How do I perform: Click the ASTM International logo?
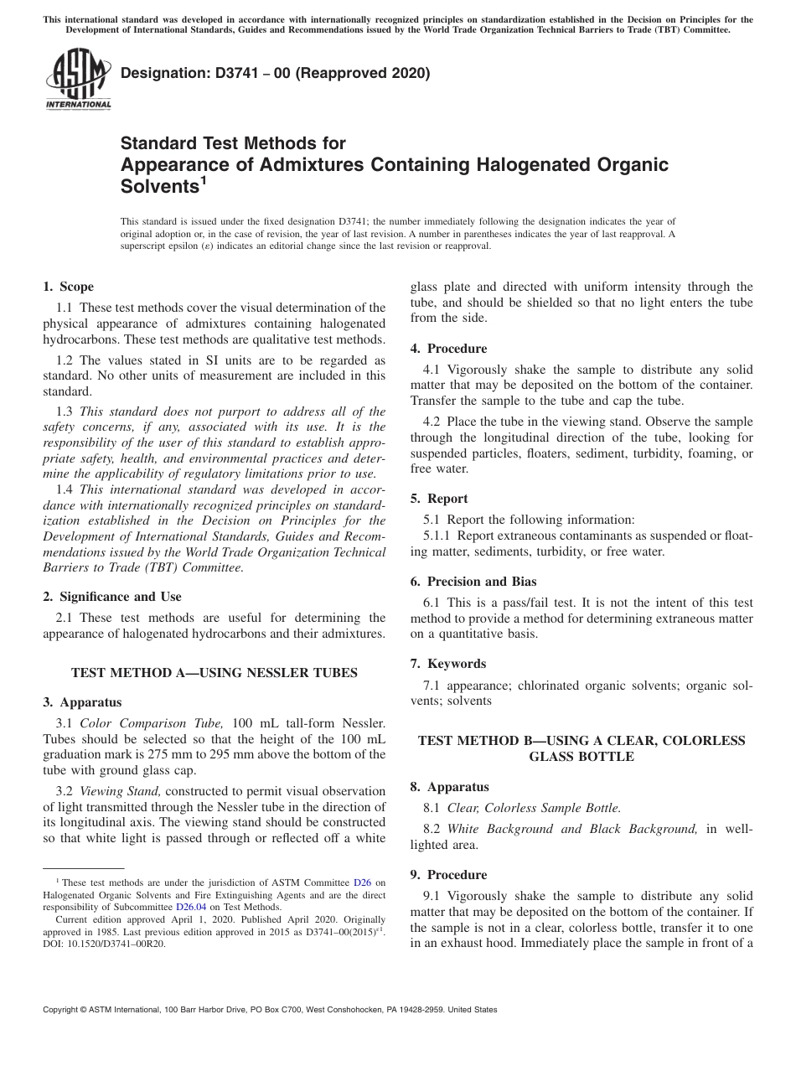coord(77,80)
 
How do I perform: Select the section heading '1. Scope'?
coord(68,287)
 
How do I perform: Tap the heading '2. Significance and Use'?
coord(111,597)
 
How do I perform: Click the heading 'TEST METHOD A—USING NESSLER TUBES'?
coord(215,672)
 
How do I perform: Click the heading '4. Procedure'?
coord(448,349)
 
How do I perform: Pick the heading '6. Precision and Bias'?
coord(473,582)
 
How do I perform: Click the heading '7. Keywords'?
coord(447,664)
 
